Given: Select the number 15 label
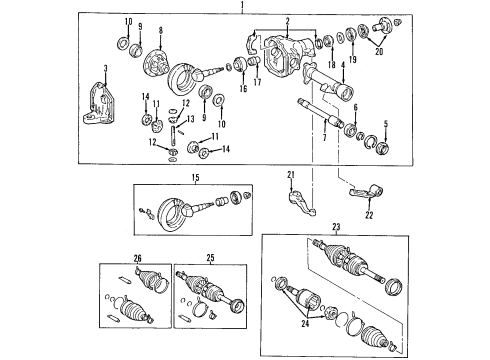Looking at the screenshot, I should (196, 178).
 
